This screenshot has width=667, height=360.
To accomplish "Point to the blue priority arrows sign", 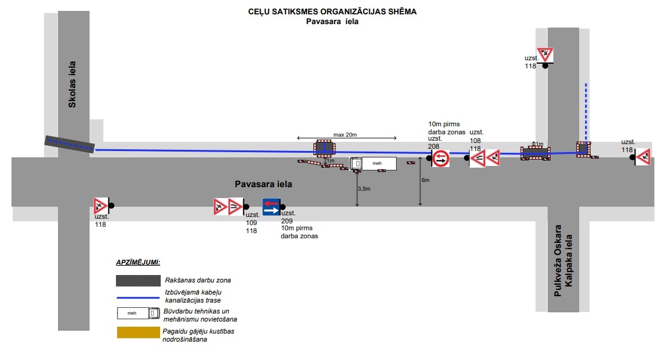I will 271,207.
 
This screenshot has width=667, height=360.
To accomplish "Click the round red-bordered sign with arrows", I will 441,158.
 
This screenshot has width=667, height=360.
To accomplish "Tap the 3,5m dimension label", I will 364,188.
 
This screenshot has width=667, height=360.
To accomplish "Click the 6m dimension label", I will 425,180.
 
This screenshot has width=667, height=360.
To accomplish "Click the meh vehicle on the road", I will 373,164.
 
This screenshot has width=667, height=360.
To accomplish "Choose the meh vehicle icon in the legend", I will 138,313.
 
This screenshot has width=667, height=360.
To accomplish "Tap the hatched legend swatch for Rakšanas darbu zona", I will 138,280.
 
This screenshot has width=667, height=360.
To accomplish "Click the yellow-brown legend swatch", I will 138,332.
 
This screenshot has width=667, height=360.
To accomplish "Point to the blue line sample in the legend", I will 138,297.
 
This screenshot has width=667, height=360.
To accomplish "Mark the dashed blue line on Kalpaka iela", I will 585,113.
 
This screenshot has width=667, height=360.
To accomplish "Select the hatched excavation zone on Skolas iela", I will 70,145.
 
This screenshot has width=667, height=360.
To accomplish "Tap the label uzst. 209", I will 288,216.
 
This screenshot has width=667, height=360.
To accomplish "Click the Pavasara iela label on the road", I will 263,184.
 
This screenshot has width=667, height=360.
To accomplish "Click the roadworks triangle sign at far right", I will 643,156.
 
